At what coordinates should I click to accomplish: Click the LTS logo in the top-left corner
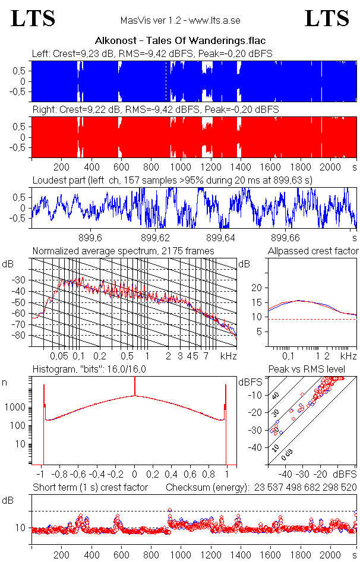click(33, 18)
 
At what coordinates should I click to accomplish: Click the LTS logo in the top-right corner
click(327, 18)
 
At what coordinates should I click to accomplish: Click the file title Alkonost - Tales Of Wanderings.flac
click(180, 41)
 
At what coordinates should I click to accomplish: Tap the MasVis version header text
click(180, 21)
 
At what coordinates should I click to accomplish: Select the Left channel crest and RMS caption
click(152, 54)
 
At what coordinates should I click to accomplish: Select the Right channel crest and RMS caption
click(155, 110)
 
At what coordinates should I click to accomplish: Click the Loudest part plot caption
click(172, 179)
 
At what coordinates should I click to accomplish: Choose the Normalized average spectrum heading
click(124, 251)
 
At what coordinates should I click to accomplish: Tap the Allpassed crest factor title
click(313, 251)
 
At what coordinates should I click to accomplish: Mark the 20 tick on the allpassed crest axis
click(257, 288)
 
